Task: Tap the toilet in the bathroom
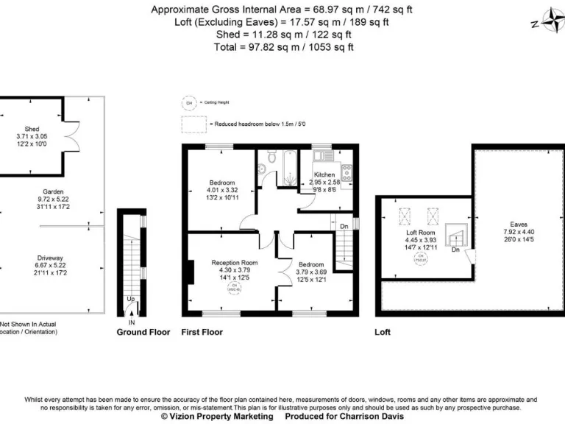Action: click(273, 156)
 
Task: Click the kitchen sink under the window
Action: click(322, 155)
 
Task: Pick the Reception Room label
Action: click(235, 263)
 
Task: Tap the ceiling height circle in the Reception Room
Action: click(235, 289)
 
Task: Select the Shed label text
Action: click(32, 130)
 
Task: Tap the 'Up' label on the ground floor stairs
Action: click(131, 299)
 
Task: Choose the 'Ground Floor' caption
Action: click(143, 332)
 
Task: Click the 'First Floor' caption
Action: click(202, 332)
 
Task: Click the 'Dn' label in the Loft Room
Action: click(455, 249)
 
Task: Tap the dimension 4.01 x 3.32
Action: click(222, 190)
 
